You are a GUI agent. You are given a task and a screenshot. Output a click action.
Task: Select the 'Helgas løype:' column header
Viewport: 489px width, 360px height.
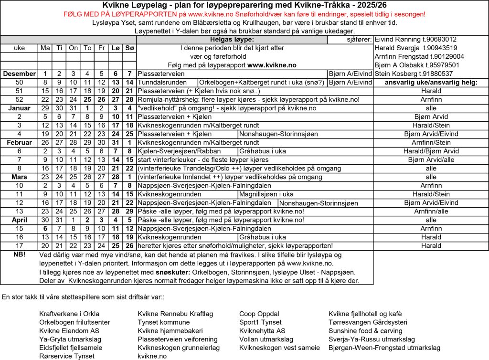(232, 39)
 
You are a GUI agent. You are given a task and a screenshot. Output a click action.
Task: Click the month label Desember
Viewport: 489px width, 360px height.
(19, 74)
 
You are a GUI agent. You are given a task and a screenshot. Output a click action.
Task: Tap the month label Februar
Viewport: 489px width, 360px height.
(19, 142)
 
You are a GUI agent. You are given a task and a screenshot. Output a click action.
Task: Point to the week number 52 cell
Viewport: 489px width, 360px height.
(19, 99)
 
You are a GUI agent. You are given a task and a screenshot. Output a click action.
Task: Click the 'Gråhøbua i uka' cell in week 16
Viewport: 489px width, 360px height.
(262, 237)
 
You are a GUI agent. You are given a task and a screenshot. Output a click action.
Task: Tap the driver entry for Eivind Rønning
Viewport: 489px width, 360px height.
(416, 39)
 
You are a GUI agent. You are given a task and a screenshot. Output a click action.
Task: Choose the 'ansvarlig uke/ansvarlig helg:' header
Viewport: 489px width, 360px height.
(431, 82)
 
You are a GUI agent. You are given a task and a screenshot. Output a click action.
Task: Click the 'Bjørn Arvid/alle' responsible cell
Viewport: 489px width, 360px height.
(431, 159)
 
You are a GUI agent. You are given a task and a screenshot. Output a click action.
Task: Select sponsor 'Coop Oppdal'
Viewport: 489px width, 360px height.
(259, 314)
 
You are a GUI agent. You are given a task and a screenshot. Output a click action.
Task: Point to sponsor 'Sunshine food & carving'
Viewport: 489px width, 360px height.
(365, 331)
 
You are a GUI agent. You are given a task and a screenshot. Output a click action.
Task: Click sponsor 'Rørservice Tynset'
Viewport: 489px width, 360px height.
(66, 356)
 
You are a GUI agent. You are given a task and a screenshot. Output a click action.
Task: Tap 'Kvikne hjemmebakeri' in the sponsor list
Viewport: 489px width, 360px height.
(170, 331)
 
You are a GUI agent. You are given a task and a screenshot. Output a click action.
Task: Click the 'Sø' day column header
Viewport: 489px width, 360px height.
(129, 48)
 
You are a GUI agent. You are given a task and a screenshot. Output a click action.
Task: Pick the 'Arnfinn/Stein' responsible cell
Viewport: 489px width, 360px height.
(431, 142)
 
